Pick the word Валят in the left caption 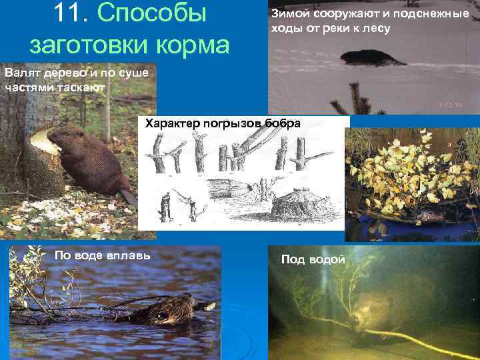tap(19, 72)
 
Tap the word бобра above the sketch tap(283, 123)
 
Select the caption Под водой tap(313, 259)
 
